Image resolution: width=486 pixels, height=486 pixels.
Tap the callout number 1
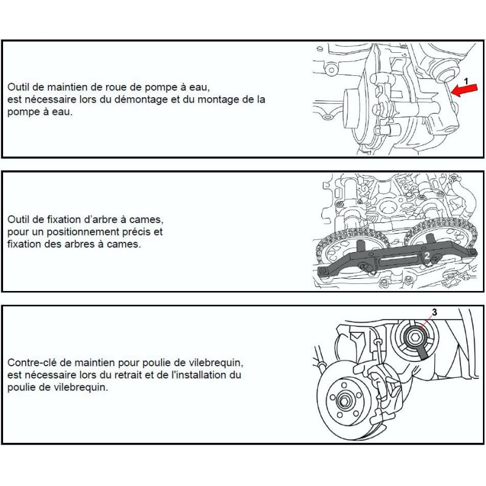(x=466, y=80)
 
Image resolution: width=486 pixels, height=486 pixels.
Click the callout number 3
(x=434, y=312)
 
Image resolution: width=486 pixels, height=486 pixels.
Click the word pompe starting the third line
(x=22, y=111)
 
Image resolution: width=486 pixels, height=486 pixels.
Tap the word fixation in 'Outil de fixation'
(x=59, y=219)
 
